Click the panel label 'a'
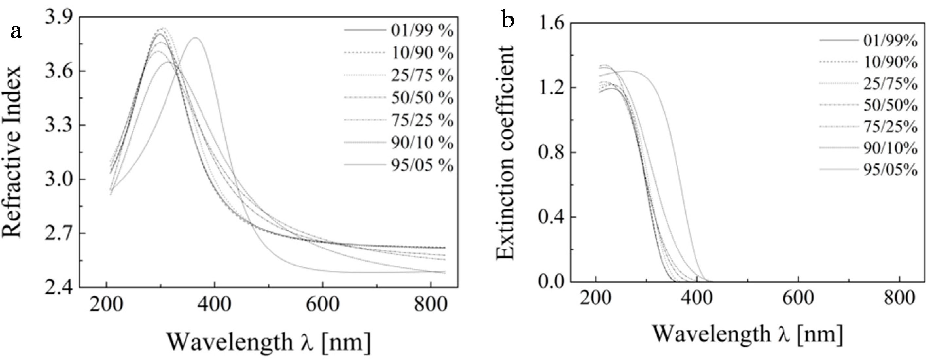(x=16, y=32)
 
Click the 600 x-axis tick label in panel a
(x=322, y=305)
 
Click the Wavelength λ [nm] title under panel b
(x=747, y=334)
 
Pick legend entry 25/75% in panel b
(x=890, y=84)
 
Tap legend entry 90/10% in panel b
(x=890, y=148)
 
